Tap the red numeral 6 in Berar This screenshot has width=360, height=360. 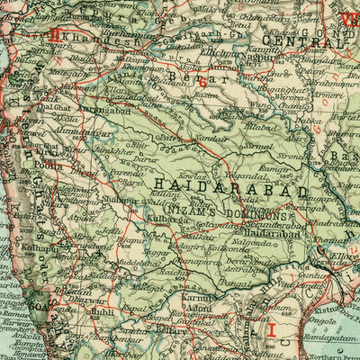[202, 83]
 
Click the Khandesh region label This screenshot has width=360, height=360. [89, 42]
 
